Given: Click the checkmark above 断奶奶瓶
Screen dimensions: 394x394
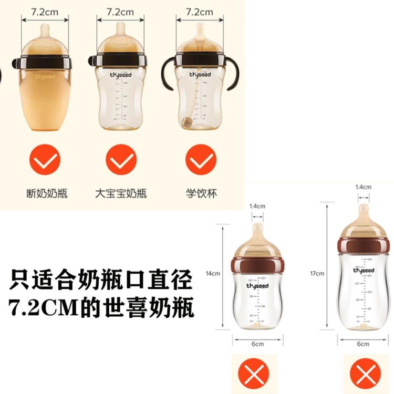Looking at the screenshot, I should [x=44, y=160].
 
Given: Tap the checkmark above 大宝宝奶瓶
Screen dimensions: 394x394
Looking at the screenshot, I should [x=121, y=160].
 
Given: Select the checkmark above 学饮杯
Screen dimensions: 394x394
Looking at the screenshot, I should [x=201, y=160].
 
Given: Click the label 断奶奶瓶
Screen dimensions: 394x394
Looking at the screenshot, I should [x=44, y=193].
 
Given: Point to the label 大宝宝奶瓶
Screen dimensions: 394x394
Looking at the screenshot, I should [x=121, y=193].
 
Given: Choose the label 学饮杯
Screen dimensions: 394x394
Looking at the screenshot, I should [x=201, y=193].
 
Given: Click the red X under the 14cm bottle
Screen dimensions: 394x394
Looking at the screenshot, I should [x=253, y=375].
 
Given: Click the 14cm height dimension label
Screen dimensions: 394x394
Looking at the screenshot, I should [x=213, y=273].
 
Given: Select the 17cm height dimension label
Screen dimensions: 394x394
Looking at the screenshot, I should [x=317, y=273].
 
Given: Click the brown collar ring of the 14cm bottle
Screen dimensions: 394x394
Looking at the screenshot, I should [x=257, y=264].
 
